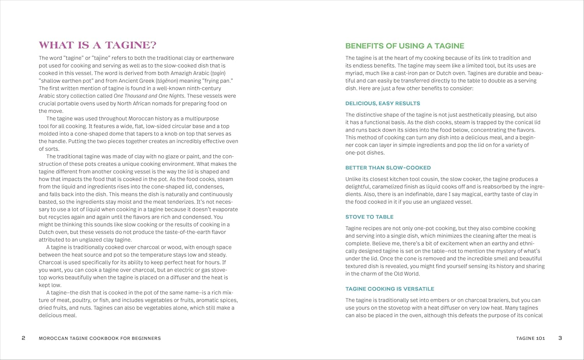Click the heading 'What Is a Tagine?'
pyautogui.click(x=97, y=45)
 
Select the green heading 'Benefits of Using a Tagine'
pyautogui.click(x=405, y=46)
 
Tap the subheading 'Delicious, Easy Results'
pyautogui.click(x=382, y=104)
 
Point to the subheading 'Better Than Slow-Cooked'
pyautogui.click(x=388, y=168)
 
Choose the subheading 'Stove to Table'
pyautogui.click(x=369, y=217)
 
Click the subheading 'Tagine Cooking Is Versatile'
pyautogui.click(x=389, y=289)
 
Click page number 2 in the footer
pyautogui.click(x=23, y=338)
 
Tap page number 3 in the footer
pyautogui.click(x=560, y=338)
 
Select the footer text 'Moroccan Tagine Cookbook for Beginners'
pyautogui.click(x=100, y=339)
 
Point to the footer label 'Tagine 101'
pyautogui.click(x=530, y=339)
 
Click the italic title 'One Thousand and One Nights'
pyautogui.click(x=149, y=96)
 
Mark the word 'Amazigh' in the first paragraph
pyautogui.click(x=181, y=74)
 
